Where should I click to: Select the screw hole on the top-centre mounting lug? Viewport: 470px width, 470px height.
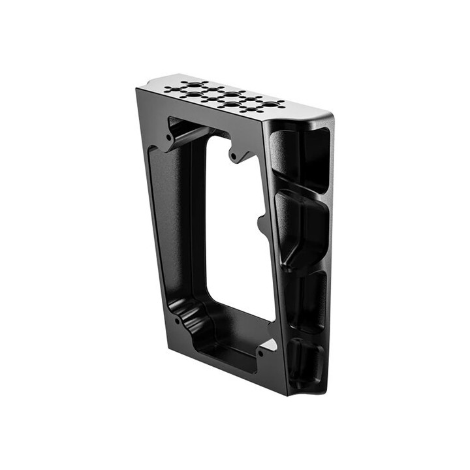[234, 157]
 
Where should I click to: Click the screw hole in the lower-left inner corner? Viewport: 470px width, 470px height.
[178, 321]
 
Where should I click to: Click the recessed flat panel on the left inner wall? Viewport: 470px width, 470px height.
[167, 215]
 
